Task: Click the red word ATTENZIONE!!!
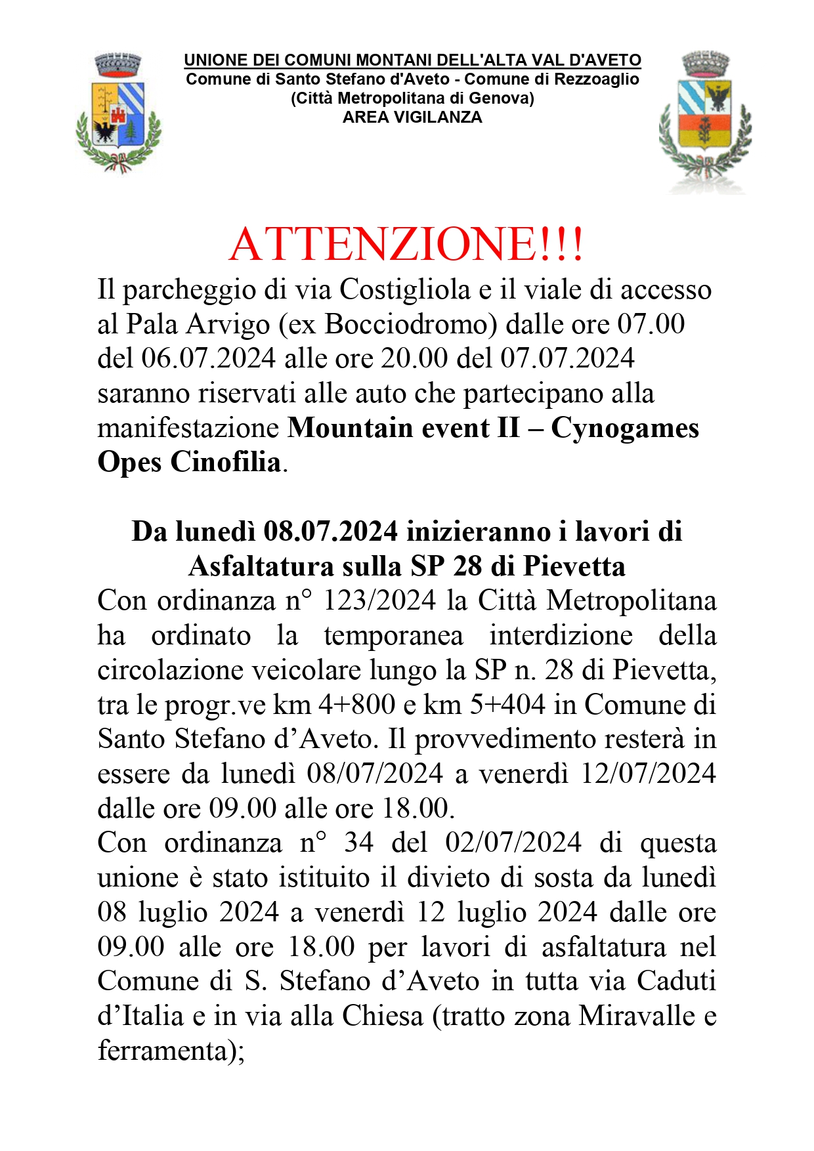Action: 406,244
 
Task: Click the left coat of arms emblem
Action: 118,113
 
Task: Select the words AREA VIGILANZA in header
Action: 412,117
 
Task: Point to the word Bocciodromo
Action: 406,324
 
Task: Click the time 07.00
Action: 651,324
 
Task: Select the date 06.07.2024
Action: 209,358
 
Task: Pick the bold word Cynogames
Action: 624,428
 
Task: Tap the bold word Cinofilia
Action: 226,462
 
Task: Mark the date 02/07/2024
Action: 513,843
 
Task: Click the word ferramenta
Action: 165,1051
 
